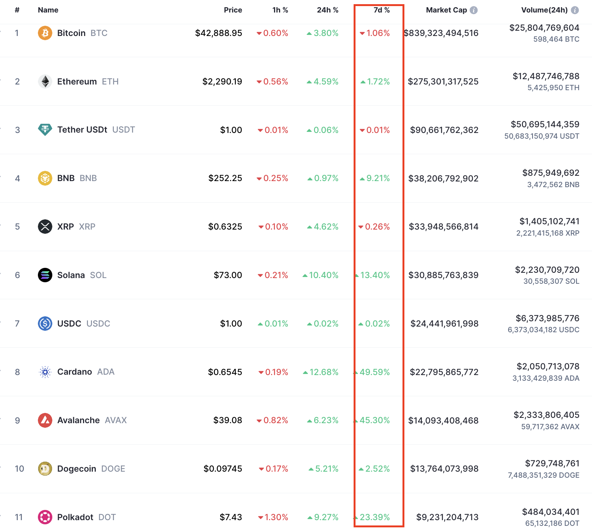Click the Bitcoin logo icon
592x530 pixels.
tap(45, 33)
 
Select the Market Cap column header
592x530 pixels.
tap(446, 10)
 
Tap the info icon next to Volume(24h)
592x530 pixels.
tap(575, 10)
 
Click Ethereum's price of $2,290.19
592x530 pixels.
tap(222, 81)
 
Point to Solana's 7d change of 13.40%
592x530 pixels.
tap(375, 275)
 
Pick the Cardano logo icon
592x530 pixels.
tap(45, 372)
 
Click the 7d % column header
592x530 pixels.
tap(381, 10)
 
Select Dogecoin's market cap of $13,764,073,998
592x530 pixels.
tap(444, 469)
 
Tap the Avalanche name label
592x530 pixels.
tap(78, 420)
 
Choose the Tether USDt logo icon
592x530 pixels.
tap(45, 130)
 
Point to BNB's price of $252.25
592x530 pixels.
tap(225, 178)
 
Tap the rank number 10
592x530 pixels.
tap(19, 469)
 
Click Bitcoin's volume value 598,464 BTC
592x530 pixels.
tap(556, 39)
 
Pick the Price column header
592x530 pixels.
tap(233, 10)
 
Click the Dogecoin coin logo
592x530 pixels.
tap(45, 469)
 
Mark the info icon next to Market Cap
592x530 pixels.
tap(474, 10)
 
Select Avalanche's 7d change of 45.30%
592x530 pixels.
tap(374, 420)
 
